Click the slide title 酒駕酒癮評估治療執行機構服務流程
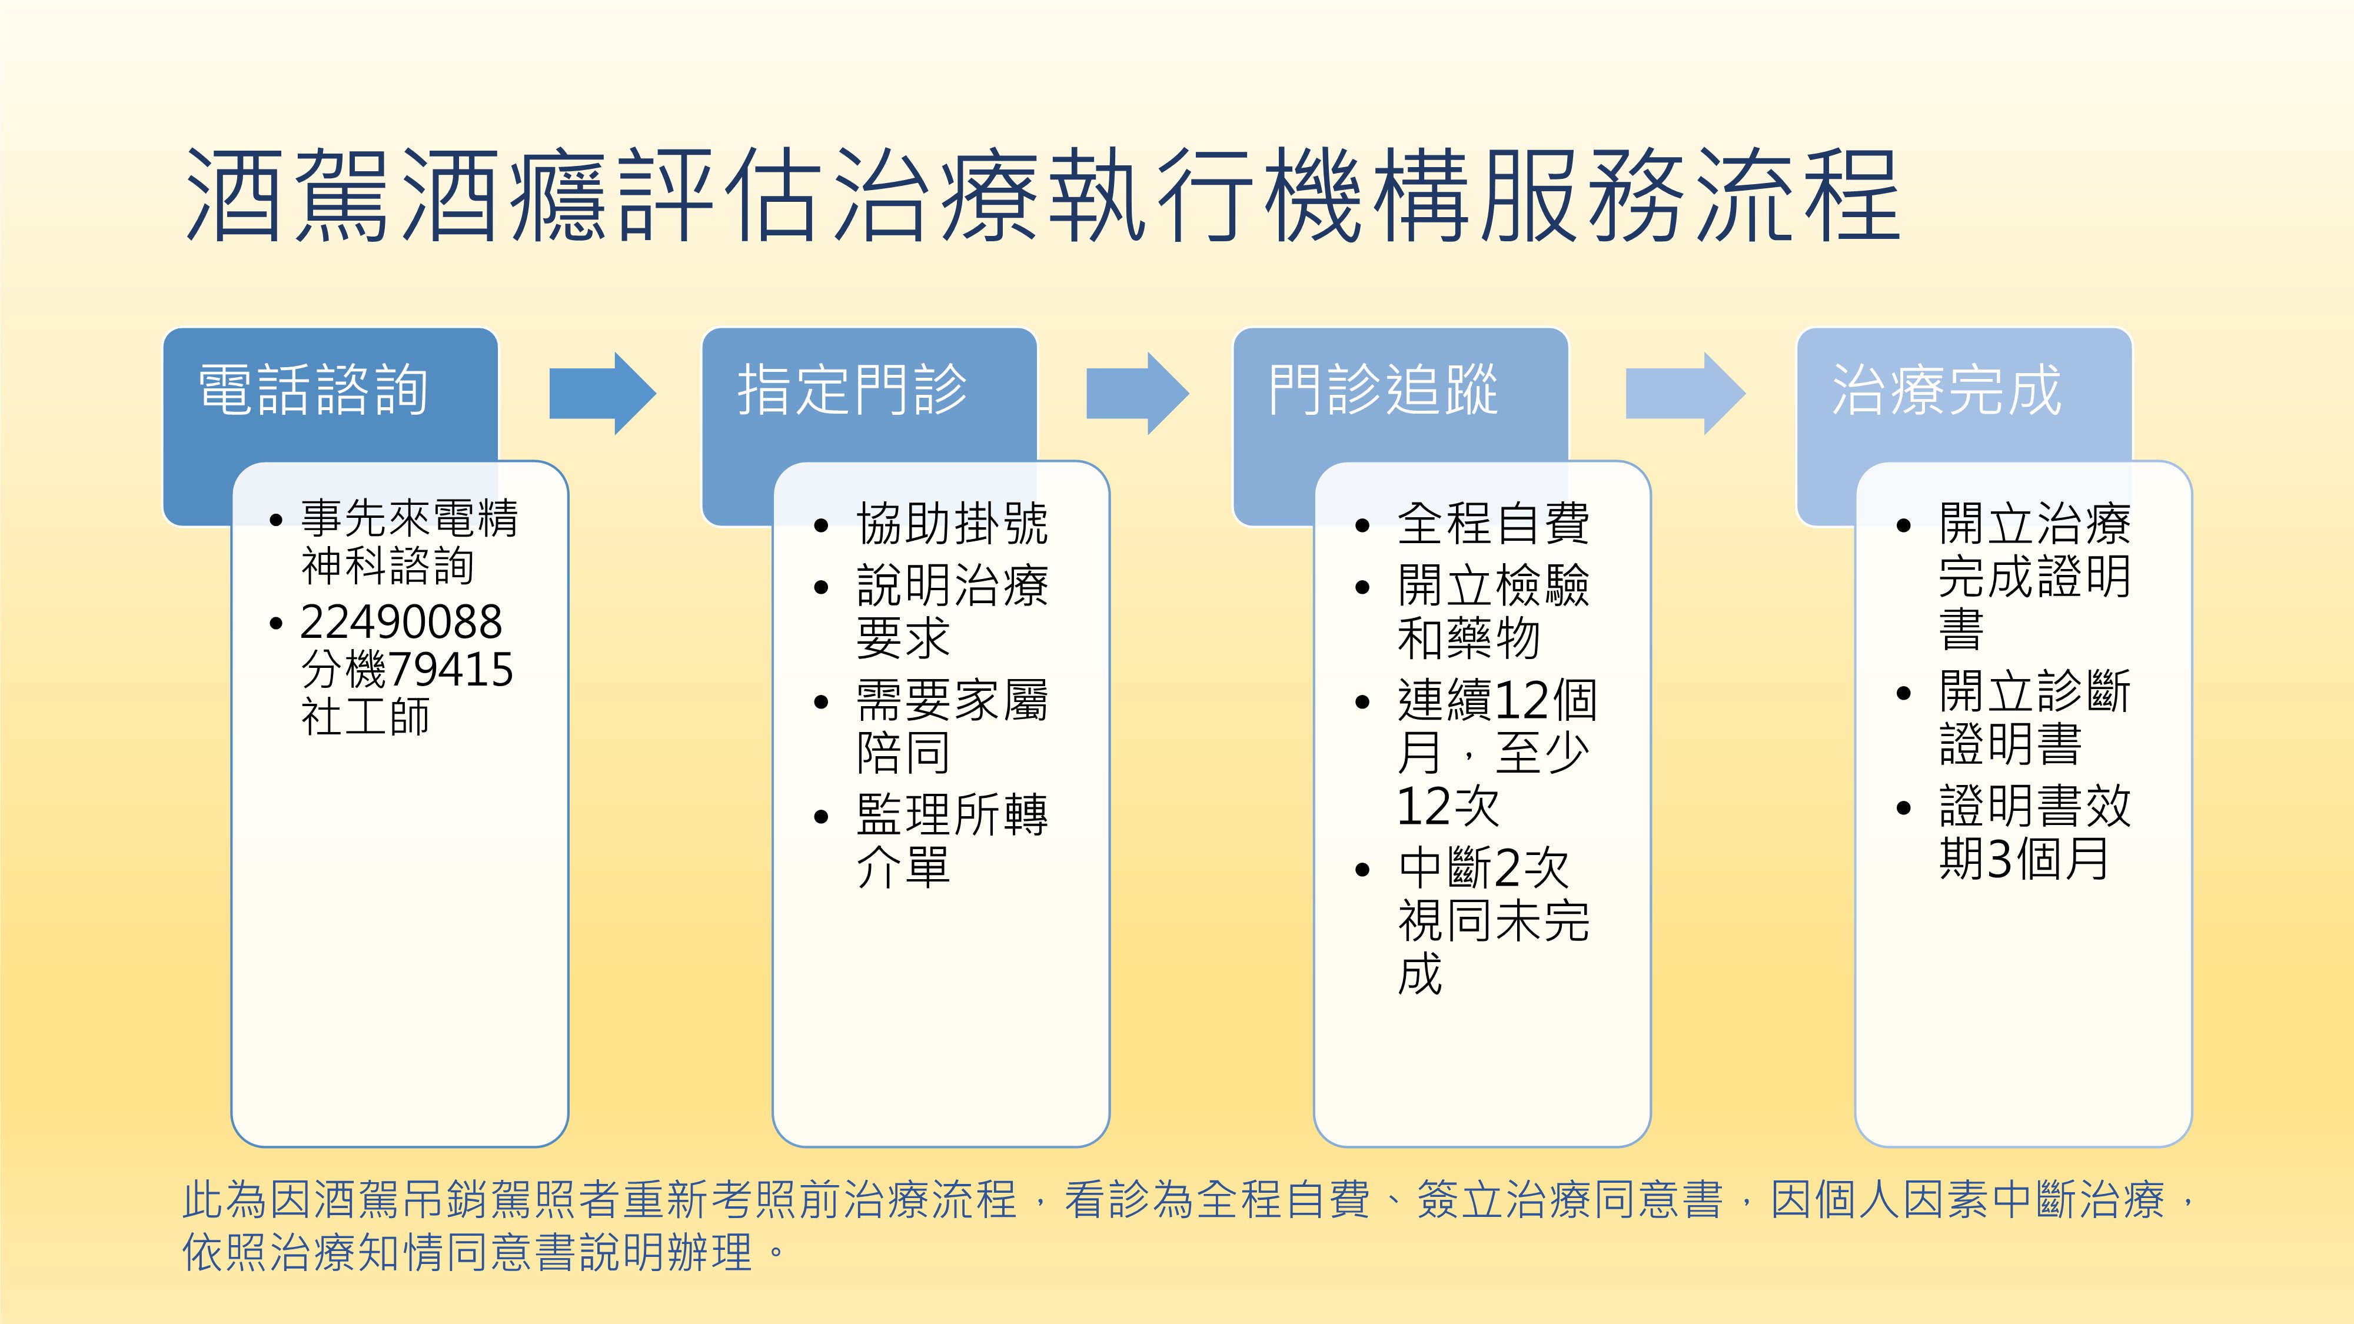(1043, 195)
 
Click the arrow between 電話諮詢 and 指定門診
(602, 394)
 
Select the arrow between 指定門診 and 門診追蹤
(1138, 394)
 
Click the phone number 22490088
(401, 622)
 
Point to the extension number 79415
(451, 670)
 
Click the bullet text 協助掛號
(952, 524)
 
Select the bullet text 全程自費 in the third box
(1493, 524)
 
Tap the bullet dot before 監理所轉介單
(820, 816)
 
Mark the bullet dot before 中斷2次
(1362, 869)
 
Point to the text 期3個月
(2024, 859)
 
